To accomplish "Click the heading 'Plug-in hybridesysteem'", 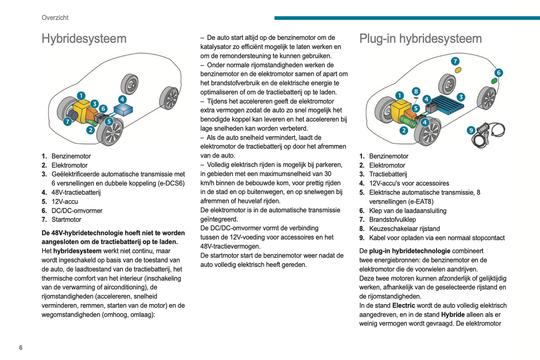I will click(420, 39).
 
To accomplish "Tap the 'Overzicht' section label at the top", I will click(55, 18).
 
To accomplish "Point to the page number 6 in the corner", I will click(21, 348).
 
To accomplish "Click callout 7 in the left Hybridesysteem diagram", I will click(67, 121).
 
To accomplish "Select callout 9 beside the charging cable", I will click(471, 130).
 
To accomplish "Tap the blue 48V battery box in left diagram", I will click(123, 110).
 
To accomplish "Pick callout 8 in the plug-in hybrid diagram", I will click(416, 91).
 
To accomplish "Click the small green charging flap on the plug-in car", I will click(494, 81).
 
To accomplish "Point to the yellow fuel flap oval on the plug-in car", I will click(458, 70).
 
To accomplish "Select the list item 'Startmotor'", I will click(66, 220).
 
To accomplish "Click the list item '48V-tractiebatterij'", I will click(76, 193).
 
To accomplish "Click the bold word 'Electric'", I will click(404, 306).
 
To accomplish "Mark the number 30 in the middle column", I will click(327, 174).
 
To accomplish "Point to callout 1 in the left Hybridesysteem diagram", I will click(81, 96).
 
